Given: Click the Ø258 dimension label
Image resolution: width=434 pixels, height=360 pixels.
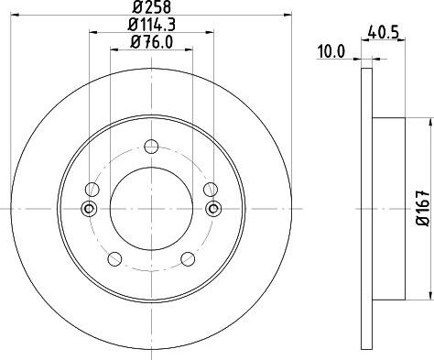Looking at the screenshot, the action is point(151,6).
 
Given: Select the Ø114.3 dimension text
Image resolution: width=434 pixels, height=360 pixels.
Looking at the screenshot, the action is point(151,25).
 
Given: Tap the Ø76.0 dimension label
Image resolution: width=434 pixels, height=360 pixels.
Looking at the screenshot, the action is point(151,42).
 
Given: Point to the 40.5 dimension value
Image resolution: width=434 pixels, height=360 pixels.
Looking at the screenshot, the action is point(384,32).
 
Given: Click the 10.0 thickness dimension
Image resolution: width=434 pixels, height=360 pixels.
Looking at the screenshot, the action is point(331,51).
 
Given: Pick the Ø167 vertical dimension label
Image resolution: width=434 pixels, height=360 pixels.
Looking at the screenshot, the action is point(424,208).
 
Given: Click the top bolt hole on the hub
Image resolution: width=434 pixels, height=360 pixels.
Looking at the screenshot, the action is point(151,147).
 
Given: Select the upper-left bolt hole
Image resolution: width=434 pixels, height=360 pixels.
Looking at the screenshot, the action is point(92,190).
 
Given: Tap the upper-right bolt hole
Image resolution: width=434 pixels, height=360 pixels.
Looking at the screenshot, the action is point(211,190).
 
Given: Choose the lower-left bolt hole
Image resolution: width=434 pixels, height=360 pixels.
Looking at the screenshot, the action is point(114,259).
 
